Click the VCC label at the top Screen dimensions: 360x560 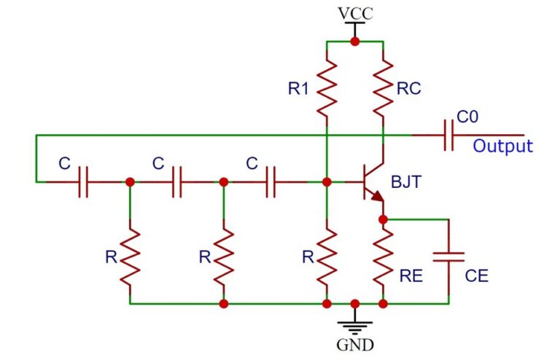(x=354, y=13)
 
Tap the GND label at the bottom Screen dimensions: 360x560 (x=355, y=344)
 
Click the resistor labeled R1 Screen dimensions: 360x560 (x=327, y=87)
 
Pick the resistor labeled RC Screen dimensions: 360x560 (x=383, y=87)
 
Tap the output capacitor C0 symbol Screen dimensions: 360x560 (x=448, y=136)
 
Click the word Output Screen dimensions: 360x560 (x=502, y=146)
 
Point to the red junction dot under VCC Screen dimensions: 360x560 (x=354, y=42)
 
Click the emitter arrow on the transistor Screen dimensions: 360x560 (x=377, y=197)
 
